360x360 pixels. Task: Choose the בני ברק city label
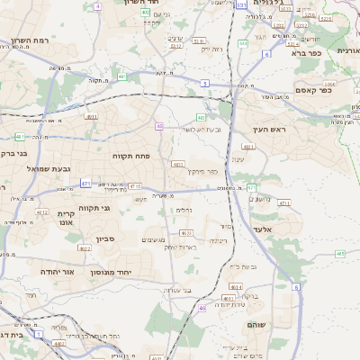pos(9,153)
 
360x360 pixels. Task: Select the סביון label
pos(107,240)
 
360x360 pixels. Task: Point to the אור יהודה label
pos(60,270)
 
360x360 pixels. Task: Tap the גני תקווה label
pos(93,208)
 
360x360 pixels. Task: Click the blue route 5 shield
pos(204,83)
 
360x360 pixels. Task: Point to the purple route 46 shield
pos(203,309)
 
